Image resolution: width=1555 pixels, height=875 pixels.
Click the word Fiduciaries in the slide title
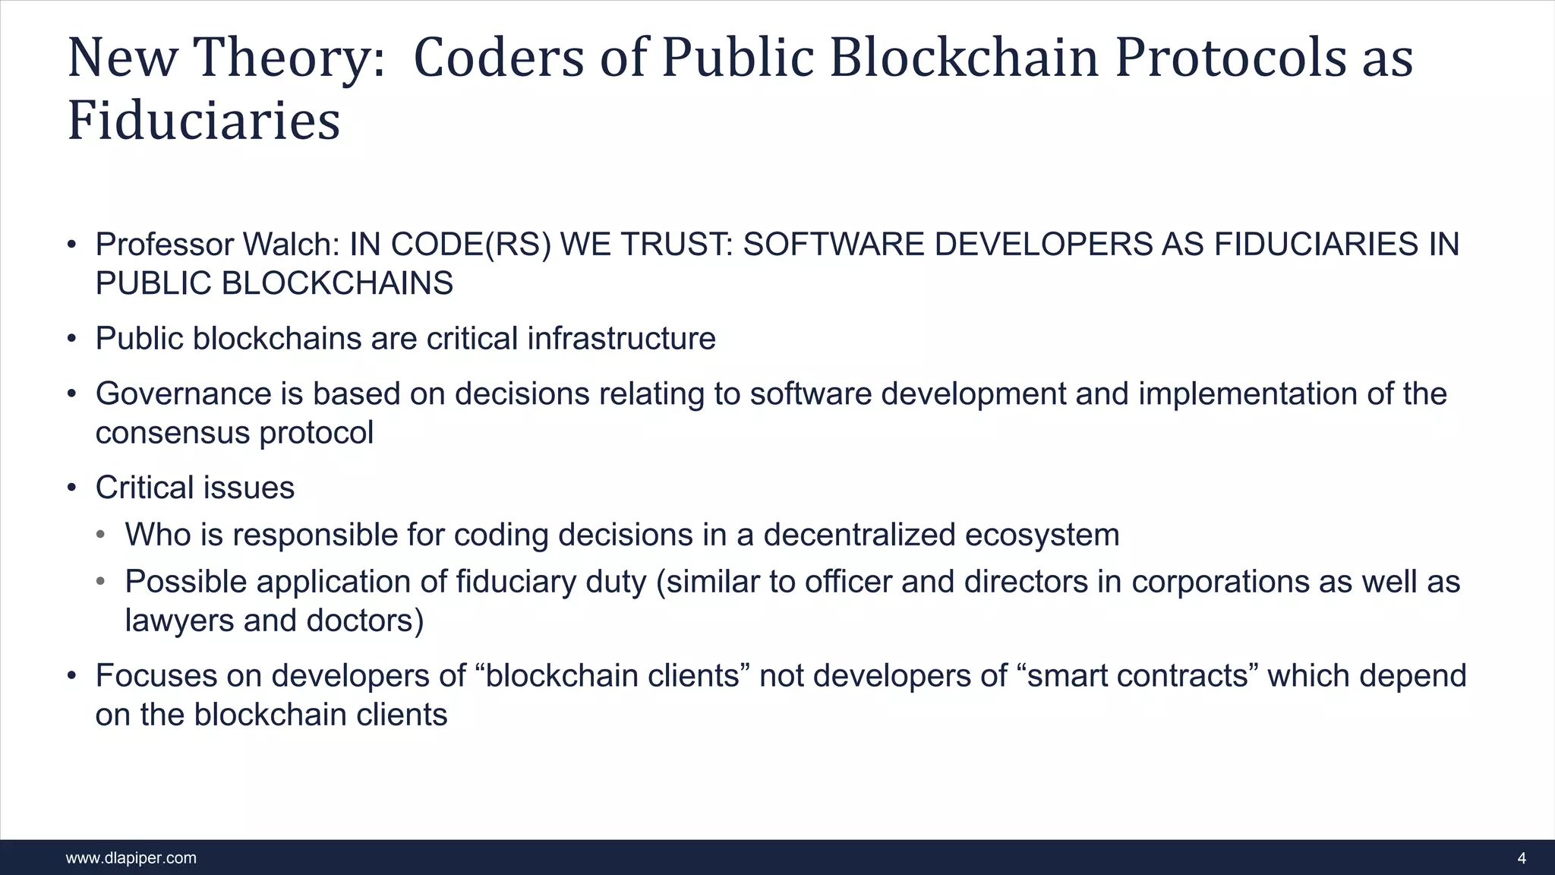click(203, 122)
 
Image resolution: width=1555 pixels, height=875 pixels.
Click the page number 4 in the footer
click(1521, 858)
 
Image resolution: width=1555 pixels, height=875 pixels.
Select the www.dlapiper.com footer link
click(131, 858)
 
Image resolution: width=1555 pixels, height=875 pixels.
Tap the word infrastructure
click(621, 339)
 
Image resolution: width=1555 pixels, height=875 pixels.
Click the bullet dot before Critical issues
click(71, 488)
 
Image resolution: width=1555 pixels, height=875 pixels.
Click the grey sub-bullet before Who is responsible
click(101, 535)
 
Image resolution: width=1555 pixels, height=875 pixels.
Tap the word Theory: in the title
click(289, 58)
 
